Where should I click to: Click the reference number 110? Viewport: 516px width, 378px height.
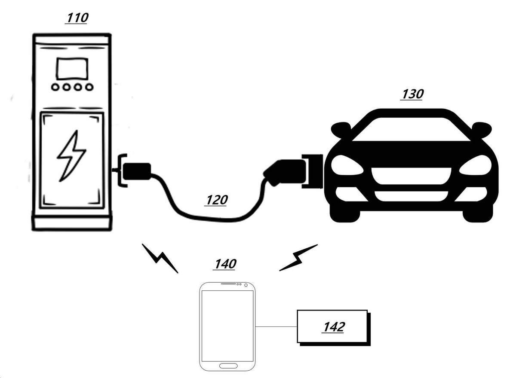77,18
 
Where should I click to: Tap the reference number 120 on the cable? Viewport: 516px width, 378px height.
216,200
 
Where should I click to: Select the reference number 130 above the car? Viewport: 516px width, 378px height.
412,94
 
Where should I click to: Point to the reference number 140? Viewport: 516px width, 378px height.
224,264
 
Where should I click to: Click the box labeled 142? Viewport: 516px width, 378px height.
334,328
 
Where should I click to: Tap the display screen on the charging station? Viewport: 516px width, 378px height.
72,69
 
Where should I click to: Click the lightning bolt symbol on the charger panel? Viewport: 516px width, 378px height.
71,156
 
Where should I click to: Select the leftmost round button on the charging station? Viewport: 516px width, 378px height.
55,87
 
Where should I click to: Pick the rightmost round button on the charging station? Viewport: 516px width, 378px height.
89,87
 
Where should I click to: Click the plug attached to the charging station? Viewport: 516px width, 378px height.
137,171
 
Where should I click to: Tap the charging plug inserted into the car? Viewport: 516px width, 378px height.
285,172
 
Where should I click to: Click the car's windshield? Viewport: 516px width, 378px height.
411,129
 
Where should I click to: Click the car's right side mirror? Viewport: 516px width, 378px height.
482,129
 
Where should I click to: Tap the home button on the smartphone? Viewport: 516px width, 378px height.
228,366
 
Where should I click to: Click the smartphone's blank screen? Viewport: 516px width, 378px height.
227,326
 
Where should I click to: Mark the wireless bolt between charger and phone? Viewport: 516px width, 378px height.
160,258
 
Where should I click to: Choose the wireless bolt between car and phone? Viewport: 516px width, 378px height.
298,258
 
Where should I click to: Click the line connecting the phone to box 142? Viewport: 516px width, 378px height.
276,327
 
